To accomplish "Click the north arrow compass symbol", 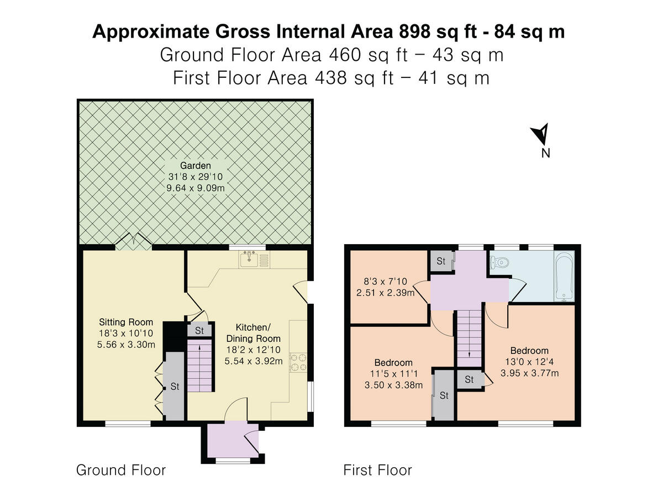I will (x=541, y=134).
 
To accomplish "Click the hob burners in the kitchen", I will (x=298, y=363).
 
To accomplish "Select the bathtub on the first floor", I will (x=564, y=276).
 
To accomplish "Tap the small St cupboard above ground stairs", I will (x=199, y=331).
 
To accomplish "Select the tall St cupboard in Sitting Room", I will (x=174, y=386).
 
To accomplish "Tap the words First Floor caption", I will (x=377, y=470).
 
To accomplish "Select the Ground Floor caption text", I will (x=120, y=470).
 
